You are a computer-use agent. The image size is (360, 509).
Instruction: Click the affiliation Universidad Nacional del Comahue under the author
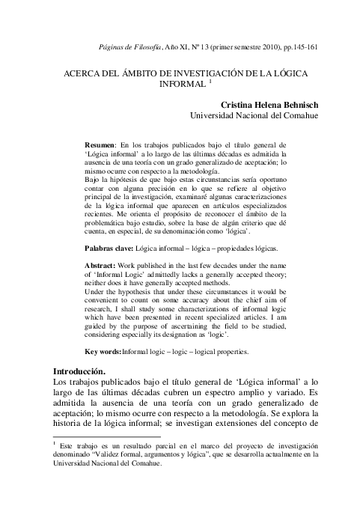pyautogui.click(x=254, y=118)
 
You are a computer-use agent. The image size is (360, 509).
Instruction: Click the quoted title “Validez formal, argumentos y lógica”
pyautogui.click(x=155, y=453)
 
